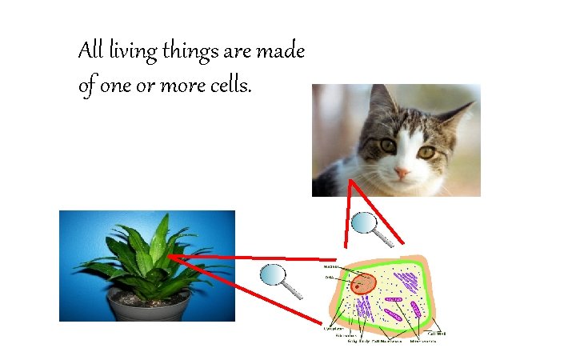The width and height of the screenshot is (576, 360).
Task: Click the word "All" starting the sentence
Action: pyautogui.click(x=90, y=52)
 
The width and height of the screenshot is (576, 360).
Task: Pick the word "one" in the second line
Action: pyautogui.click(x=117, y=86)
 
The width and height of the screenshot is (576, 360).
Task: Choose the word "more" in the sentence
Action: pyautogui.click(x=182, y=86)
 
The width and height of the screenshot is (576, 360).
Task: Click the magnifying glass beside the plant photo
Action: pyautogui.click(x=273, y=276)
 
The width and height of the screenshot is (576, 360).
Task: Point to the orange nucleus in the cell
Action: pyautogui.click(x=363, y=283)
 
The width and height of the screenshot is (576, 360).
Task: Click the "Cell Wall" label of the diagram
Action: pyautogui.click(x=437, y=333)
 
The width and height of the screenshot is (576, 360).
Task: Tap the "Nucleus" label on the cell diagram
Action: pyautogui.click(x=330, y=266)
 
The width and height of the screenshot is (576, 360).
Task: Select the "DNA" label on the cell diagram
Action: pyautogui.click(x=329, y=278)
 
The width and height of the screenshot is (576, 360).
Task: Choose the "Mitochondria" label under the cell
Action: pyautogui.click(x=423, y=342)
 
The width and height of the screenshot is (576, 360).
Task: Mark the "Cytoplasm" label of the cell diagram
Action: pyautogui.click(x=333, y=329)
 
